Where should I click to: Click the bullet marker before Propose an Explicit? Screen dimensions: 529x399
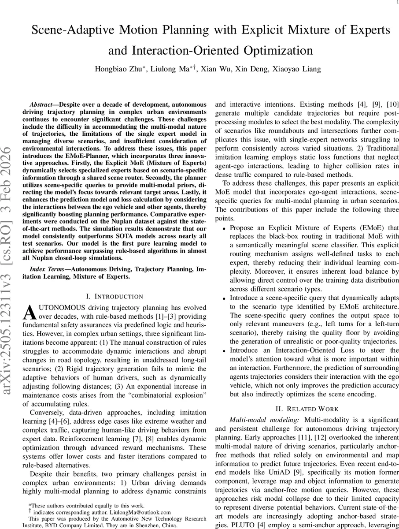(224, 228)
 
